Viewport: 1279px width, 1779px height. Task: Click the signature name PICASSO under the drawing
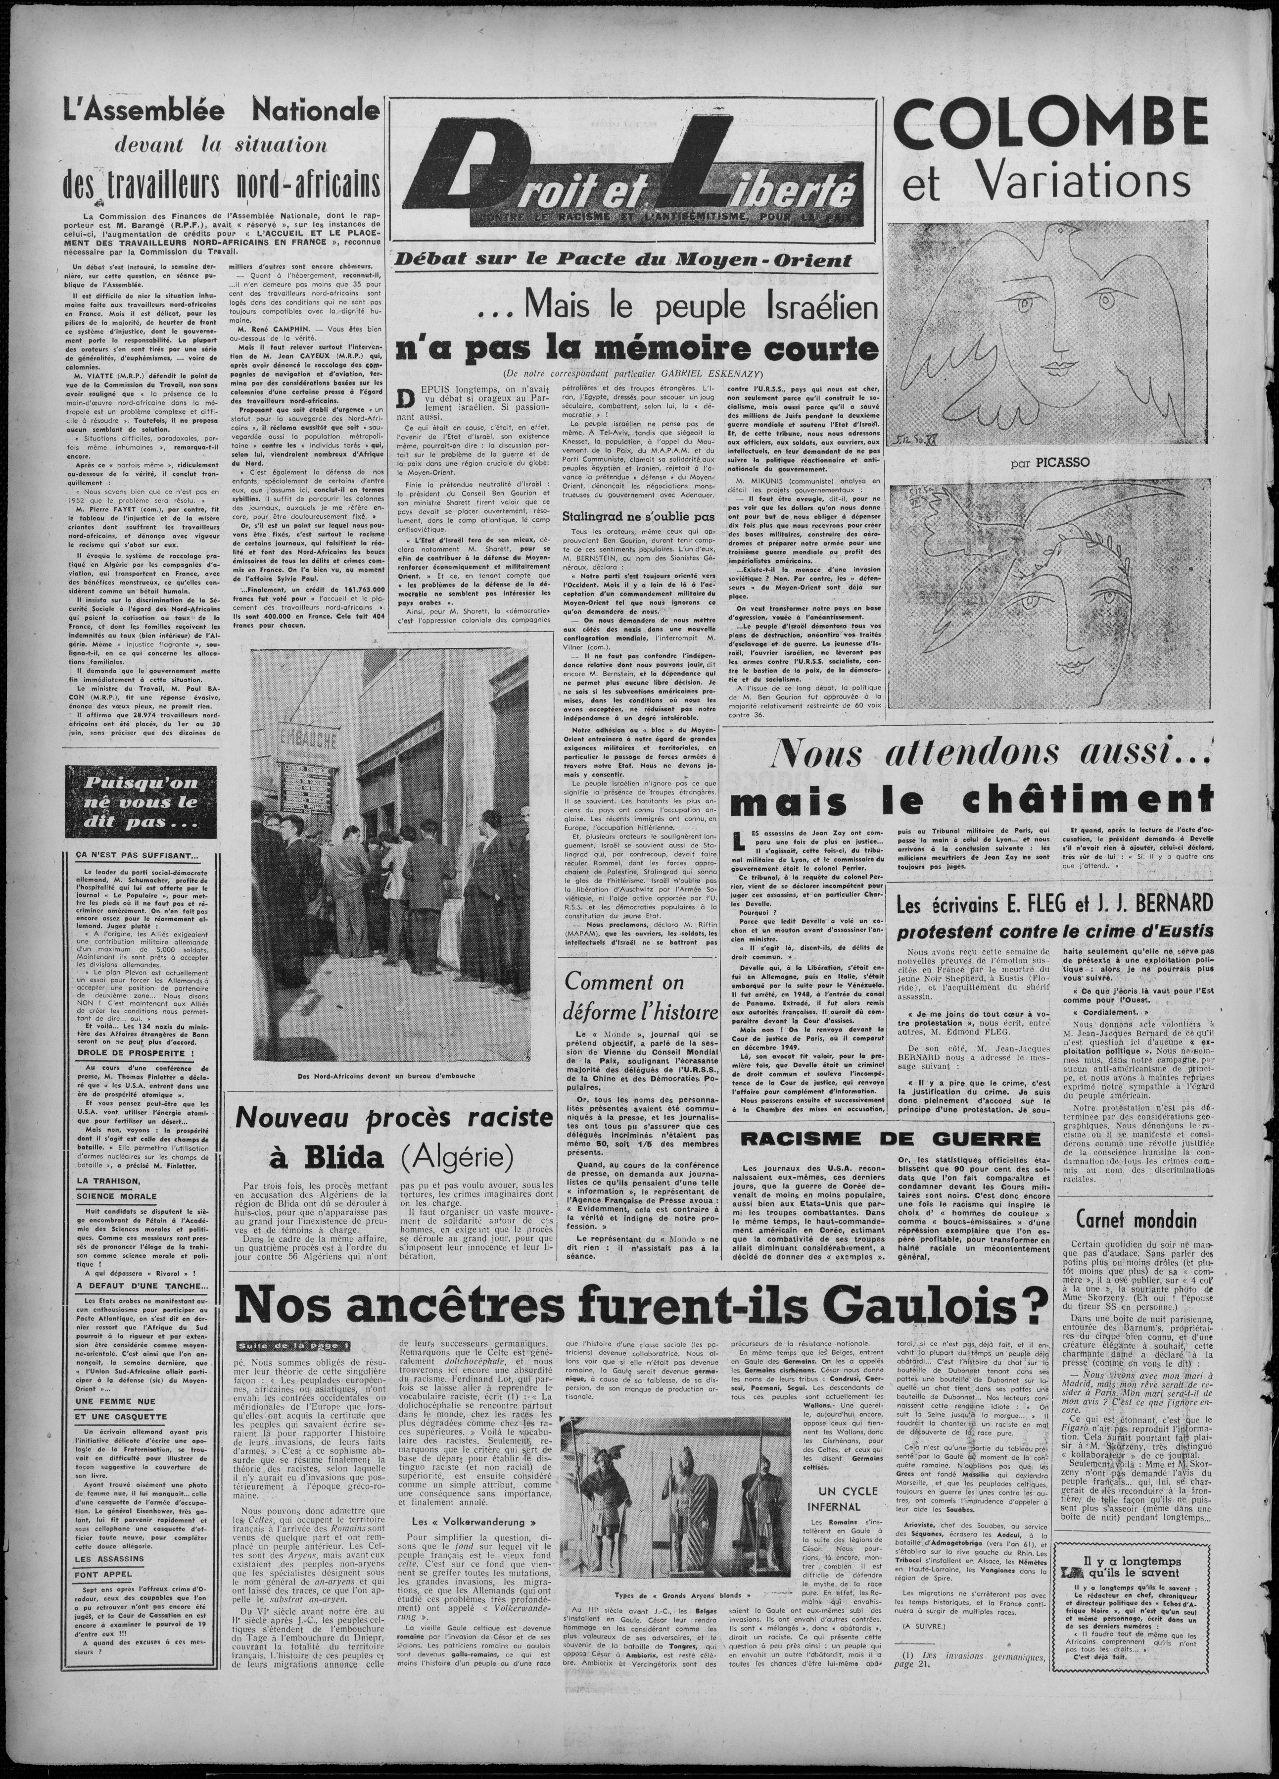(x=1060, y=463)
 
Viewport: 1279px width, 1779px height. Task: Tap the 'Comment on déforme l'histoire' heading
(x=641, y=997)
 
